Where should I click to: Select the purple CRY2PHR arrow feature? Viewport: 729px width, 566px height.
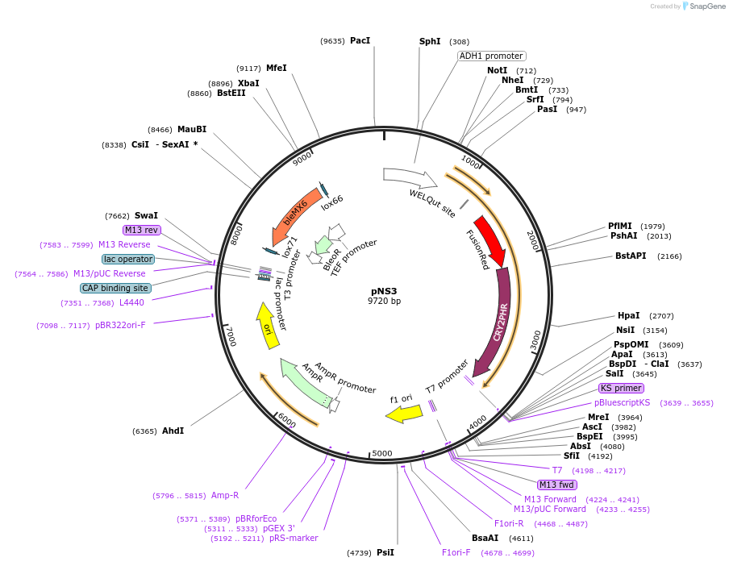[x=497, y=323]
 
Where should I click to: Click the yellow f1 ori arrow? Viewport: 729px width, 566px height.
[x=404, y=414]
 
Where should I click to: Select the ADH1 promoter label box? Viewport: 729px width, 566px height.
[x=491, y=56]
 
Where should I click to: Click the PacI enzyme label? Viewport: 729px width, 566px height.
[x=360, y=40]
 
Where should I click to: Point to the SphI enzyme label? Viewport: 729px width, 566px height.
[x=430, y=41]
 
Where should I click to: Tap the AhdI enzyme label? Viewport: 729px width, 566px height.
[x=173, y=431]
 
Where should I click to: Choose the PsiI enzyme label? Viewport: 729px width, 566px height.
[x=385, y=552]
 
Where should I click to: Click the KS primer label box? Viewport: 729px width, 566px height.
[x=621, y=388]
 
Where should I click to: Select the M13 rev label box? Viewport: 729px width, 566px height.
[x=141, y=230]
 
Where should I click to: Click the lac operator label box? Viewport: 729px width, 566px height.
[x=127, y=259]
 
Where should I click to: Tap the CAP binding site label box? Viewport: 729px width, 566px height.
[x=115, y=288]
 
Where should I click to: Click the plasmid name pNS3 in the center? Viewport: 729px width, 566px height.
[x=384, y=291]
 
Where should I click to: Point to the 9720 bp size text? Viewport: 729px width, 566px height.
[x=384, y=302]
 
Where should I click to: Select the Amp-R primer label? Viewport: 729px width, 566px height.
[x=225, y=495]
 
